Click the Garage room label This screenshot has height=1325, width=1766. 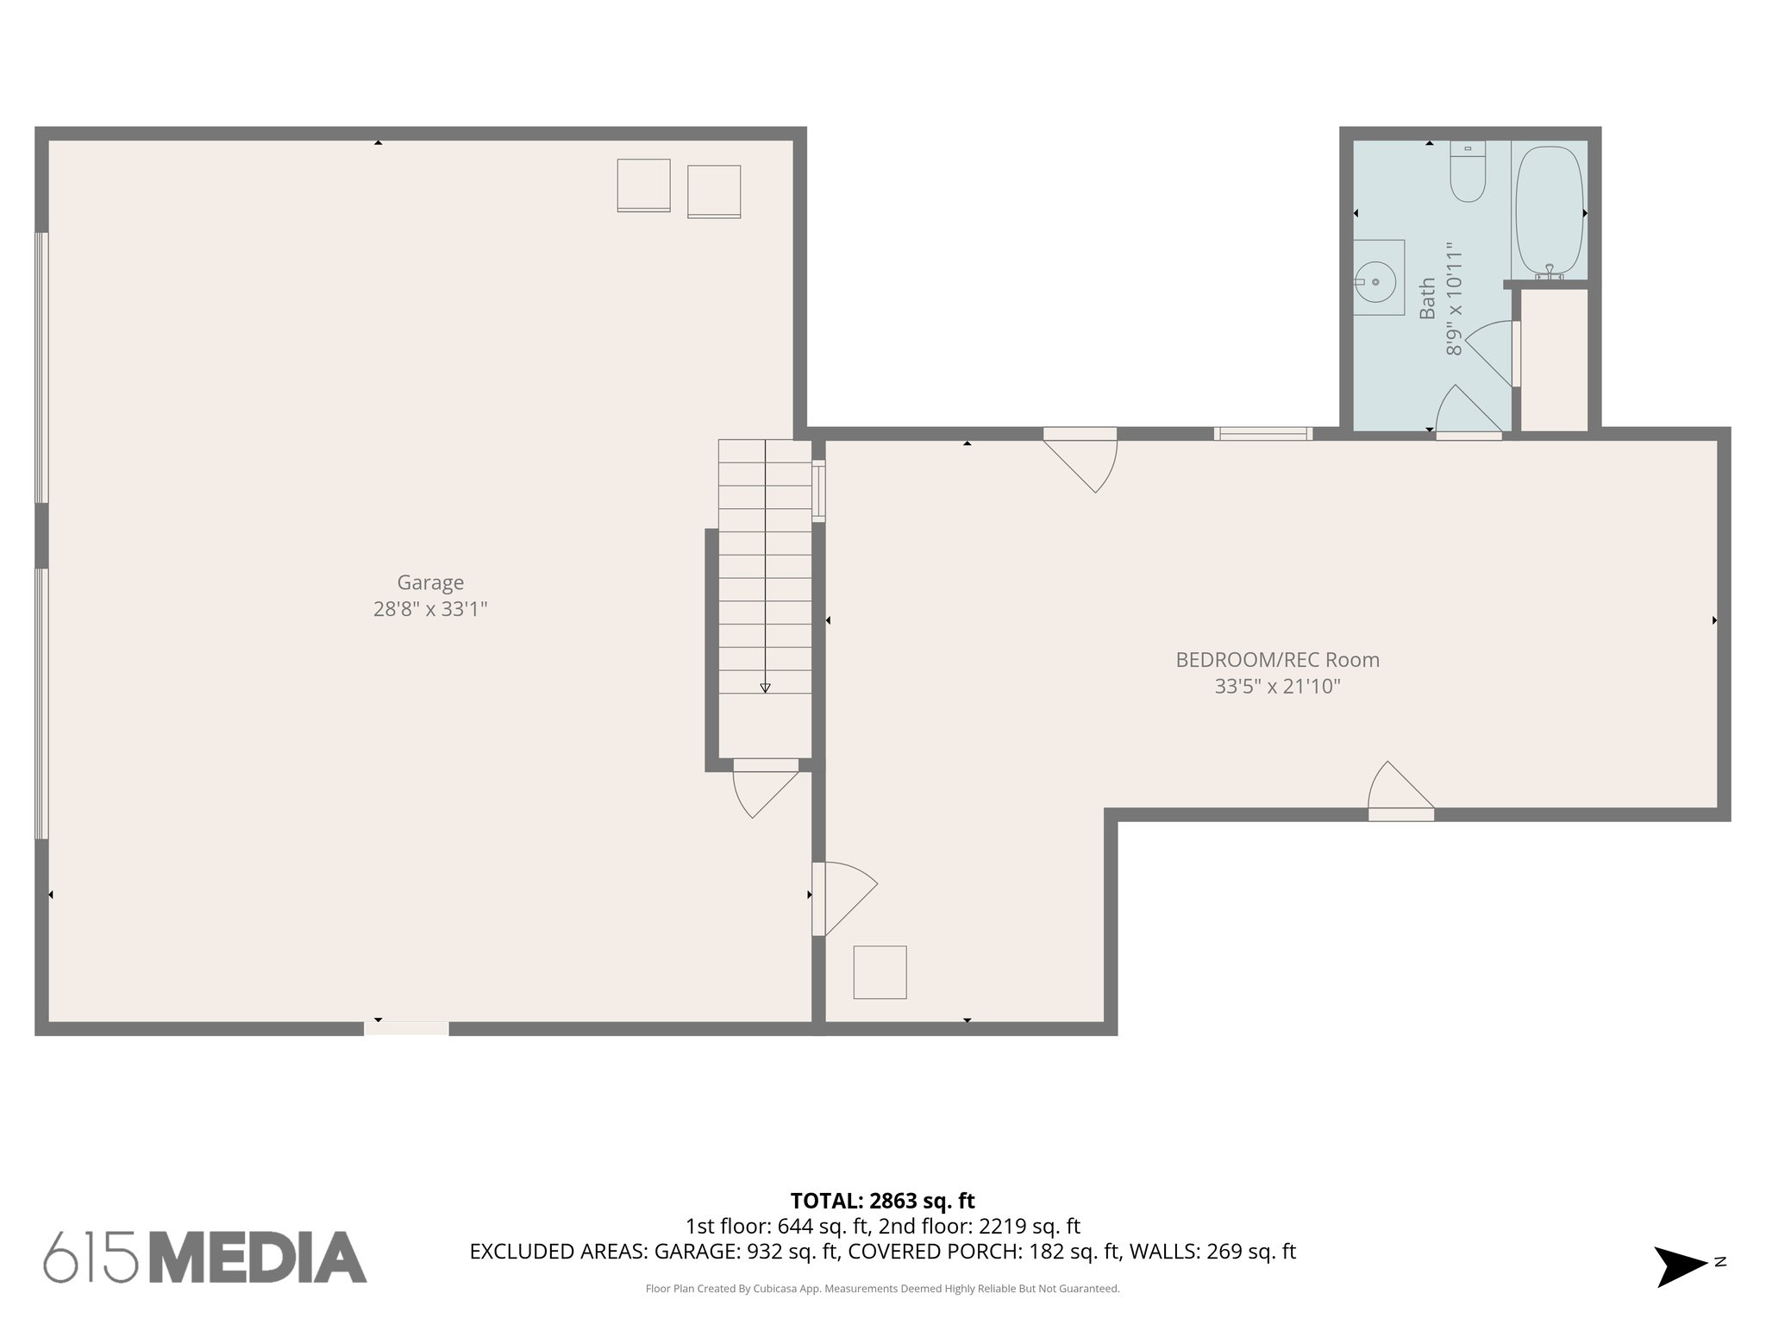(x=429, y=582)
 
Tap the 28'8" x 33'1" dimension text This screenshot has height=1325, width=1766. (x=429, y=609)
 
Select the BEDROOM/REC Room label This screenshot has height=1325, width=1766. (x=1277, y=660)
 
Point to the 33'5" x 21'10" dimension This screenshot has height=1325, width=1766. (x=1277, y=687)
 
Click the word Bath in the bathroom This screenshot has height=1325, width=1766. (x=1428, y=298)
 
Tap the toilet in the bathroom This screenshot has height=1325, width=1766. (x=1467, y=173)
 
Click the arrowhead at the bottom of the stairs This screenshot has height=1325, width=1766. (x=765, y=688)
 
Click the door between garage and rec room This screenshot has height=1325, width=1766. (x=841, y=897)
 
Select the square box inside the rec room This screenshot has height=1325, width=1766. (x=880, y=972)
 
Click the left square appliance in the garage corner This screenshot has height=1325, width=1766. (x=643, y=185)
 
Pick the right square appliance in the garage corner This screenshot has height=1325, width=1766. (x=714, y=192)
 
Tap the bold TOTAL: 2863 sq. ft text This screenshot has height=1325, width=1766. (x=882, y=1200)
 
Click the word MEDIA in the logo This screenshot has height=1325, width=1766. (x=259, y=1257)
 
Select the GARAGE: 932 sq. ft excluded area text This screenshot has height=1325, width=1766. (x=747, y=1252)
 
